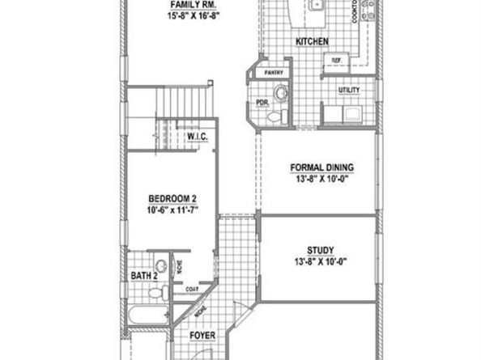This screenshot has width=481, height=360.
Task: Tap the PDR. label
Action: pos(262,104)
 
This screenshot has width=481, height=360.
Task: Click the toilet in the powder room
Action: pos(275,118)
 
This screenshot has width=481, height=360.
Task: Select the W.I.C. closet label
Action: pos(198,137)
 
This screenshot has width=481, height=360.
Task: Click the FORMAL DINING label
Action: pos(322,168)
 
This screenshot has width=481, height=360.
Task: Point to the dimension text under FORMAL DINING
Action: pos(322,180)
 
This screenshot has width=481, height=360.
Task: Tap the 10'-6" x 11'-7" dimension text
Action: pos(172,210)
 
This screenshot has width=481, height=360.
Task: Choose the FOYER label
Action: pos(201,333)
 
